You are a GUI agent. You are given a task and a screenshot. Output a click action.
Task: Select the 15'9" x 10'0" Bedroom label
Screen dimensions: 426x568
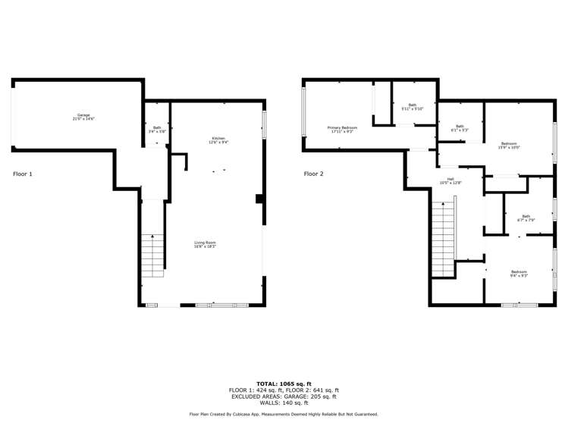pyautogui.click(x=509, y=145)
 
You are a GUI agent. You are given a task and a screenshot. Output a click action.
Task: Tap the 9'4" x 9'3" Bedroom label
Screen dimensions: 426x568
pyautogui.click(x=519, y=273)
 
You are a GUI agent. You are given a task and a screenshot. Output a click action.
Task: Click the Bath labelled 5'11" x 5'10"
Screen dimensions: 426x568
pyautogui.click(x=413, y=107)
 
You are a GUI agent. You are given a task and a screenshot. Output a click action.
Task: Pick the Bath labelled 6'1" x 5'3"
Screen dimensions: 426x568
pyautogui.click(x=460, y=128)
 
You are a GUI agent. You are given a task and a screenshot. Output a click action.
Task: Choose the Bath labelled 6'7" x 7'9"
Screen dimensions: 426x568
pyautogui.click(x=526, y=218)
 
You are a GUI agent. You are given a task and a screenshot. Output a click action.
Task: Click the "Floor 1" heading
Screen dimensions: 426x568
pyautogui.click(x=23, y=174)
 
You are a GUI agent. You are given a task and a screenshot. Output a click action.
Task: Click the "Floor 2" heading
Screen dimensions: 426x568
pyautogui.click(x=314, y=174)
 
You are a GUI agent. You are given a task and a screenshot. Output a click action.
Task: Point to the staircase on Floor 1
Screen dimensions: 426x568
pyautogui.click(x=152, y=255)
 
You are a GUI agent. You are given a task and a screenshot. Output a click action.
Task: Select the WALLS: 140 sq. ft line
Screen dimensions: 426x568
pyautogui.click(x=284, y=403)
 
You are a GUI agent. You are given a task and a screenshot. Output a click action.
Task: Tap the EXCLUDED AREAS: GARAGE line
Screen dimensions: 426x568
pyautogui.click(x=284, y=396)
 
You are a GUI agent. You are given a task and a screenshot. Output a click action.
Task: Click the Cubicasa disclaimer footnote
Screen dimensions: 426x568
pyautogui.click(x=284, y=414)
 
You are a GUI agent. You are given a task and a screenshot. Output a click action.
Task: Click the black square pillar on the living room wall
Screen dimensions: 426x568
pyautogui.click(x=259, y=199)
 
